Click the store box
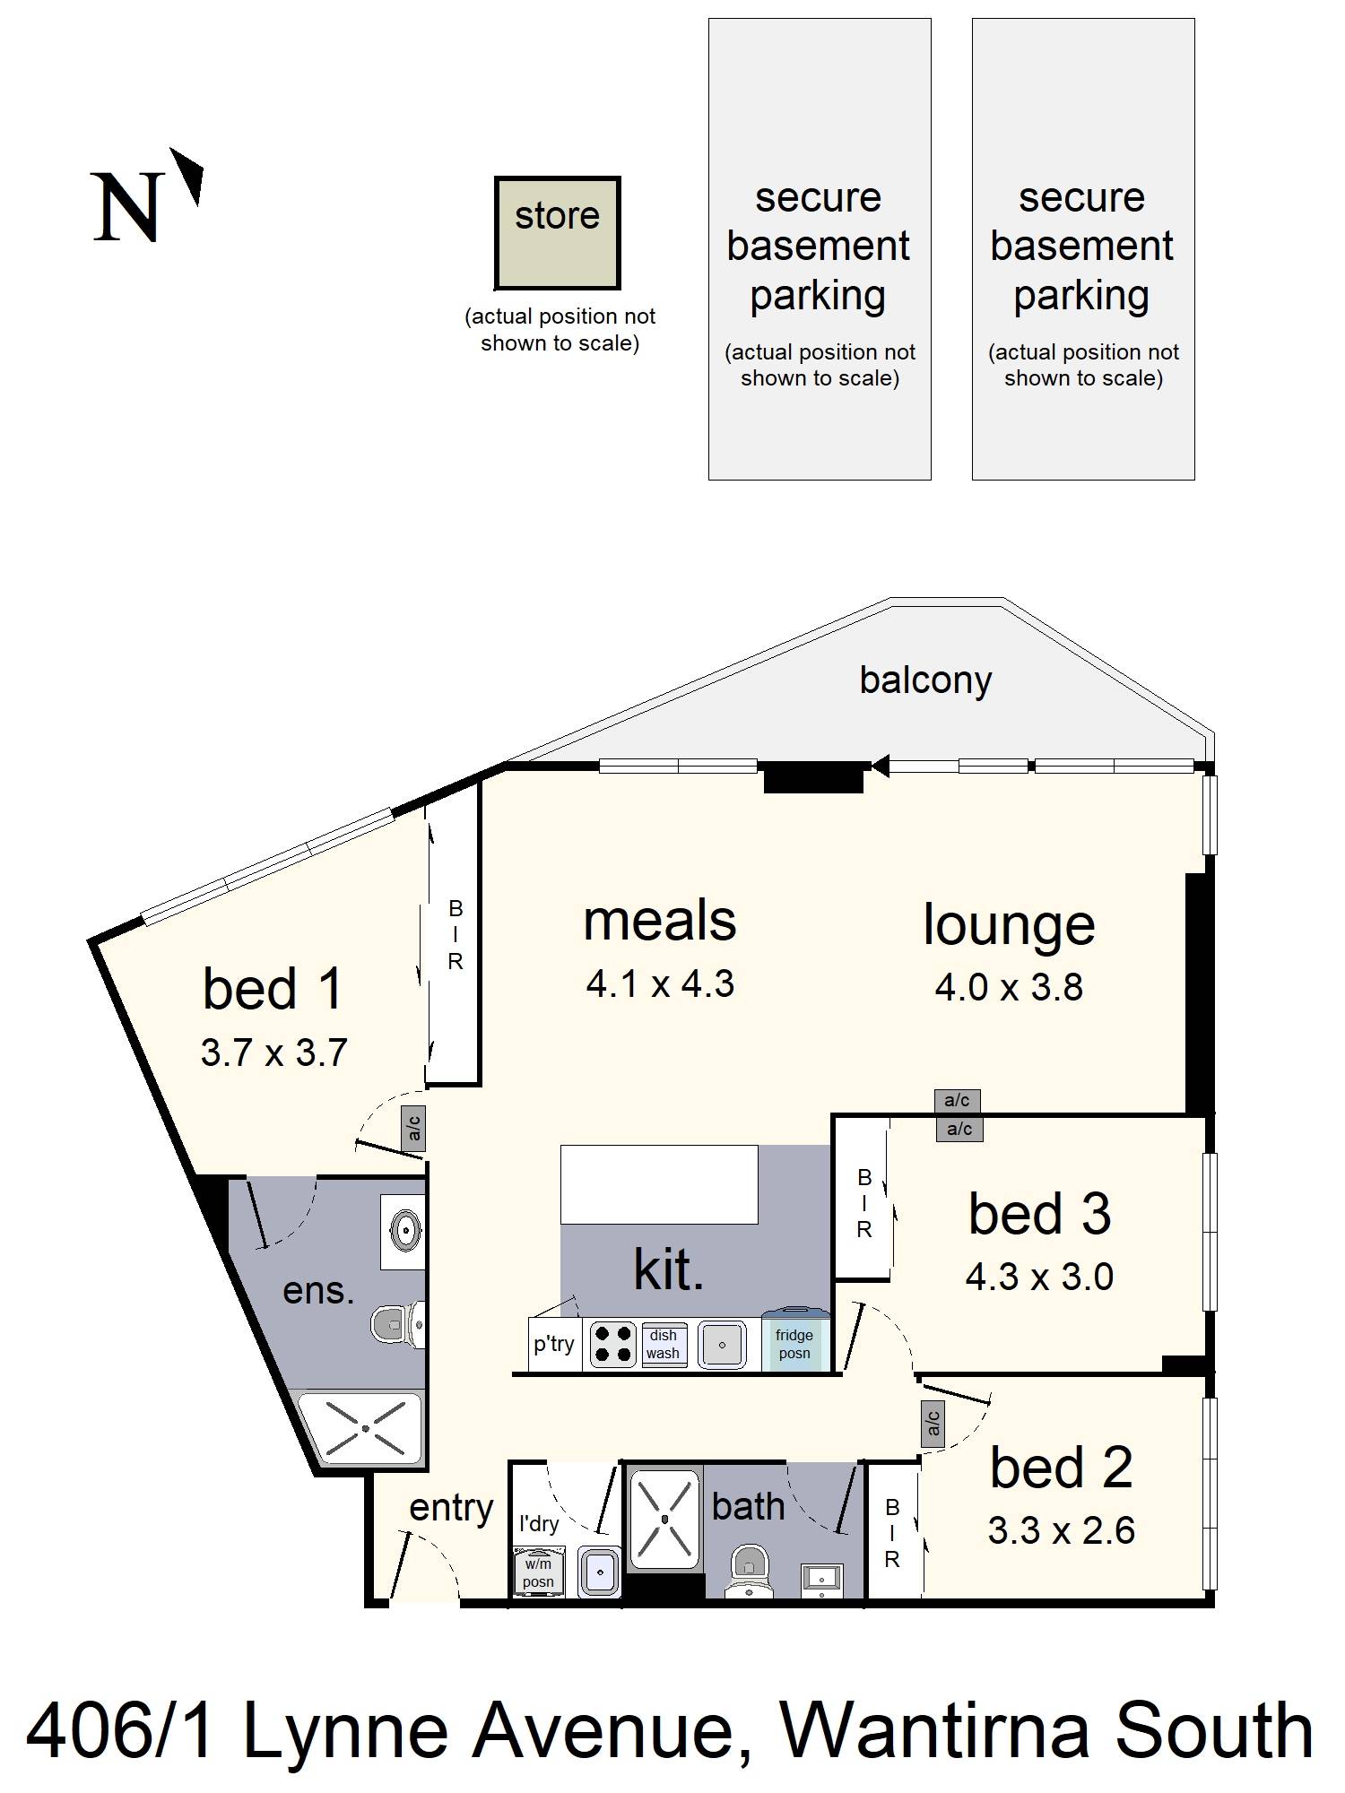click(x=557, y=232)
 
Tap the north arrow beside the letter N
click(x=188, y=176)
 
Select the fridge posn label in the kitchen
click(x=794, y=1344)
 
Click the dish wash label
click(x=664, y=1344)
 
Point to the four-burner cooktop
click(x=613, y=1345)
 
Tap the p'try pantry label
click(x=554, y=1344)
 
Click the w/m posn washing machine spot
click(x=538, y=1572)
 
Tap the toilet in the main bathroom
click(x=747, y=1570)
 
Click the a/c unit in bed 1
click(x=413, y=1128)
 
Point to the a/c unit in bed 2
click(x=933, y=1422)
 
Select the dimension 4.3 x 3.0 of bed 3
click(x=1039, y=1277)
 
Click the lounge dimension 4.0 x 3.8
click(x=1009, y=987)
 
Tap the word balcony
click(x=925, y=680)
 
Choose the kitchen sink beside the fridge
click(x=722, y=1345)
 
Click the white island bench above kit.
click(x=659, y=1184)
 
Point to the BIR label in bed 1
click(x=456, y=936)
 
